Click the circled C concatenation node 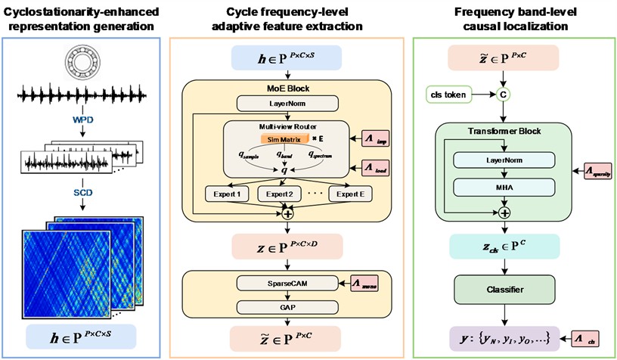pyautogui.click(x=501, y=95)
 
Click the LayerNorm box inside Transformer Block pyautogui.click(x=501, y=161)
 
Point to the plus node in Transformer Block pyautogui.click(x=501, y=213)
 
